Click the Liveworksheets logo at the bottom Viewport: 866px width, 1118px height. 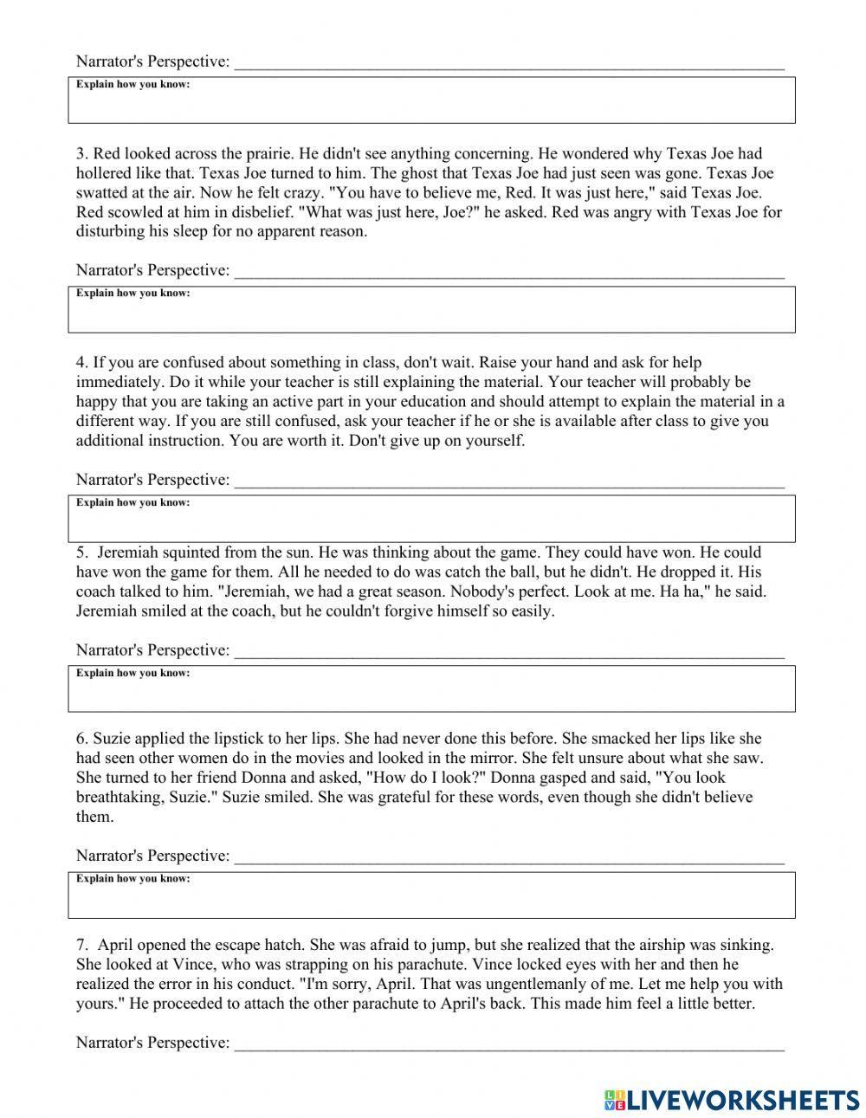731,1099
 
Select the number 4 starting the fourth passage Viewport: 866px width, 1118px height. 81,363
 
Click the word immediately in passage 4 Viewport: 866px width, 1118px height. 110,382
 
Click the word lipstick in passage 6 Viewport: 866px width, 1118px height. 214,739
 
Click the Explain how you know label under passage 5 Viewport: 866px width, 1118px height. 132,674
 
